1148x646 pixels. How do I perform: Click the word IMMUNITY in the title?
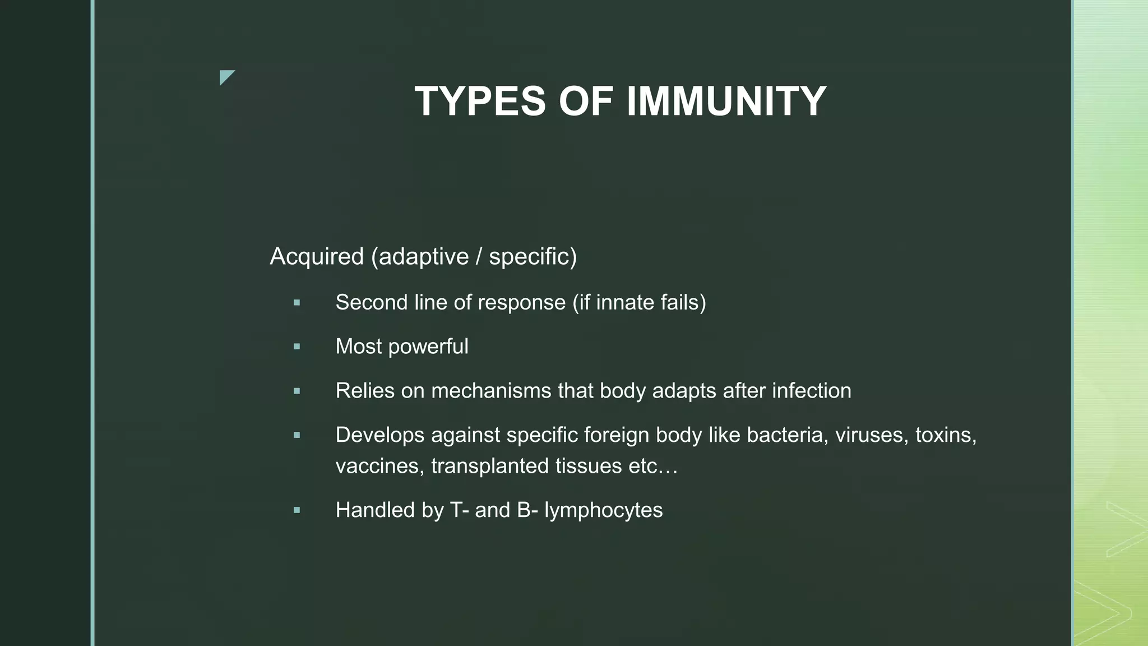point(726,101)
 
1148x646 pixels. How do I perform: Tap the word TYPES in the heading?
point(480,101)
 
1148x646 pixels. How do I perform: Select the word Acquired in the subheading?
point(317,257)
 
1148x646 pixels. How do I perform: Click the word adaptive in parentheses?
point(423,257)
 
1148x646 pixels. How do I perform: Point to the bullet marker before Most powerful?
point(297,347)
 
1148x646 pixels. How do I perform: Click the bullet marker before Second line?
point(297,303)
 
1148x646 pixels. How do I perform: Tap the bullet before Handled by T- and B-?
point(297,511)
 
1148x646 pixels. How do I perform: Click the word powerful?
point(428,347)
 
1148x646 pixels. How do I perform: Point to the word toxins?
point(946,435)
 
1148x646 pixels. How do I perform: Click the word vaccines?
point(379,467)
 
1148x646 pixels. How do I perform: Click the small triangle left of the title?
point(226,77)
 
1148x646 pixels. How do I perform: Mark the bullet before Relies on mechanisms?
point(297,391)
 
